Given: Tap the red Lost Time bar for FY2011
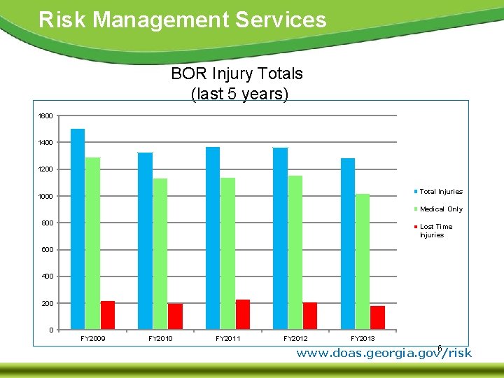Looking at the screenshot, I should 243,314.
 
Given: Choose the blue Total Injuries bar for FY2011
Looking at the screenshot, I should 213,238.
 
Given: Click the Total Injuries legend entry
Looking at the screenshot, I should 440,191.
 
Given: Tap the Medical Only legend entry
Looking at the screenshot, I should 440,209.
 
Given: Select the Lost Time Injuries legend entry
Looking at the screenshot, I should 435,230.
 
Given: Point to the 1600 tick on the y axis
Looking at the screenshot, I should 45,115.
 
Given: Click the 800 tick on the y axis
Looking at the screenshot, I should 45,223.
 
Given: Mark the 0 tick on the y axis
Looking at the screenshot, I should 50,330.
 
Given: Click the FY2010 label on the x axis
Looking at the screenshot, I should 160,339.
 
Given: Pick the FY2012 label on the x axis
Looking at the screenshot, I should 295,339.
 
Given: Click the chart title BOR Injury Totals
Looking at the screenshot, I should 237,73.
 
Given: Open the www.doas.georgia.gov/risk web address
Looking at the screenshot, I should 384,353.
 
